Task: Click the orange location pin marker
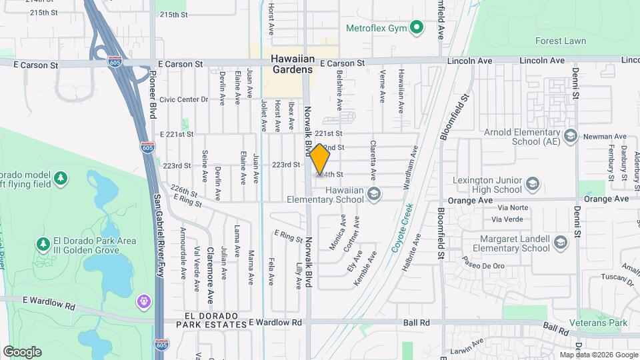coord(320,160)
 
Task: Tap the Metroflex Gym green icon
coord(417,27)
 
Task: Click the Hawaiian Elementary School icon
coord(373,194)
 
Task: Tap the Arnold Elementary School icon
coord(570,136)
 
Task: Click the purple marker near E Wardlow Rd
coord(143,302)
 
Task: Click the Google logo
coord(22,351)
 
